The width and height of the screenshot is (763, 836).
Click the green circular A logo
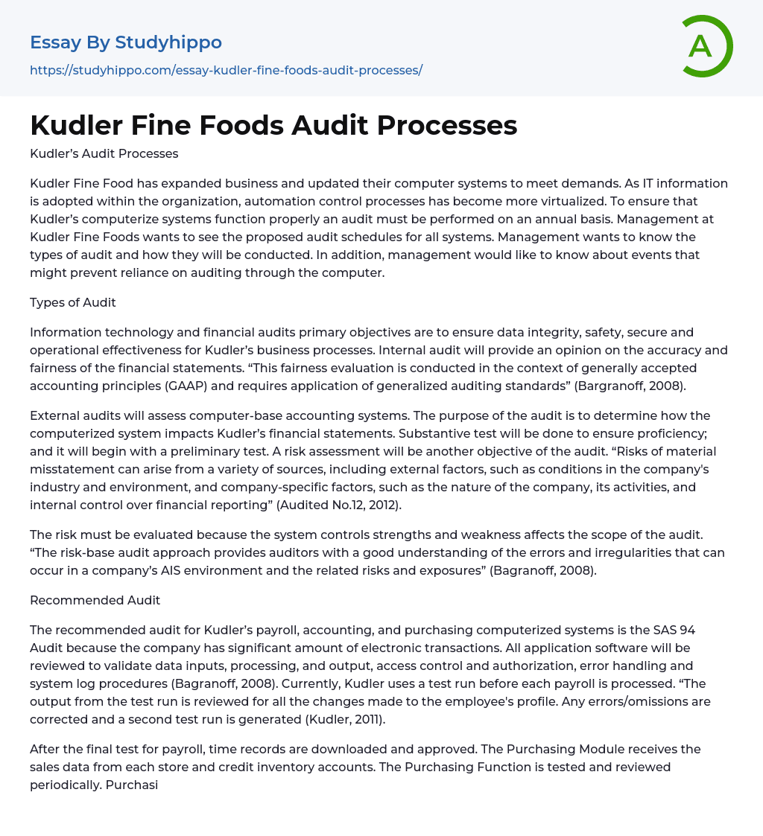coord(703,47)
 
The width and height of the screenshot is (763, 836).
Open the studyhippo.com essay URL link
coord(226,71)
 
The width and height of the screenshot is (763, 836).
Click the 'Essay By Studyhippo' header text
coord(126,42)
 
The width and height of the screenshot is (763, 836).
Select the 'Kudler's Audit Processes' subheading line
coord(104,154)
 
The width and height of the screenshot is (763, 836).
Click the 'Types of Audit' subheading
coord(72,301)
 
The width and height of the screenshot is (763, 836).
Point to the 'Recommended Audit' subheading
coord(95,600)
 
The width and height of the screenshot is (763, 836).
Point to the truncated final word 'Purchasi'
coord(132,785)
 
